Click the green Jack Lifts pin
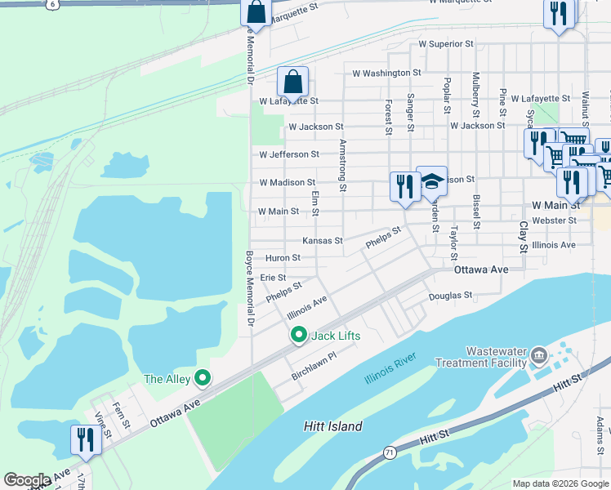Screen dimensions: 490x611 coord(299,336)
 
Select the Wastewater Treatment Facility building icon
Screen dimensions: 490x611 coord(538,355)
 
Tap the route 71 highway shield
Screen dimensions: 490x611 coord(390,452)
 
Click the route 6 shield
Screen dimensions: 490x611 coord(53,4)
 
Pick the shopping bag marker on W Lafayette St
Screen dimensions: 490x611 coord(292,82)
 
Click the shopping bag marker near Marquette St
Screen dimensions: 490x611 coord(256,13)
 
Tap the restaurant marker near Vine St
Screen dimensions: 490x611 coord(86,440)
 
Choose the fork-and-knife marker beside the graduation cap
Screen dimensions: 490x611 coord(404,187)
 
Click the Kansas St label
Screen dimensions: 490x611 coord(323,241)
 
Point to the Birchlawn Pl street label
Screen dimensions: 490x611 coord(314,367)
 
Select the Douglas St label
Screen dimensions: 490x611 coord(451,296)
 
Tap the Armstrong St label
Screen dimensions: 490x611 coord(343,165)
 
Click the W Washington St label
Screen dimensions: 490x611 coord(386,73)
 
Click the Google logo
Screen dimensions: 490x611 coord(27,480)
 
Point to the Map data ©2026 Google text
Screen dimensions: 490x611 coord(560,483)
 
